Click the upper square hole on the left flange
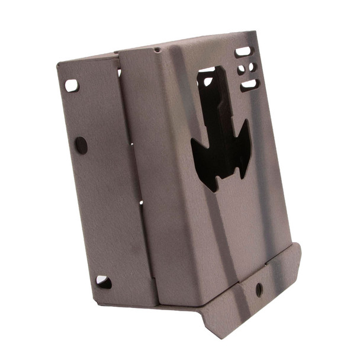coord(71,86)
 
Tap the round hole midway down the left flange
coord(81,145)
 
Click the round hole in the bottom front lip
coord(259,290)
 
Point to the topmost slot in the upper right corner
coord(243,52)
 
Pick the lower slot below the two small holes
coord(249,85)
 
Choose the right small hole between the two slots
coord(252,67)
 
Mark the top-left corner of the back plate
coord(58,64)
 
